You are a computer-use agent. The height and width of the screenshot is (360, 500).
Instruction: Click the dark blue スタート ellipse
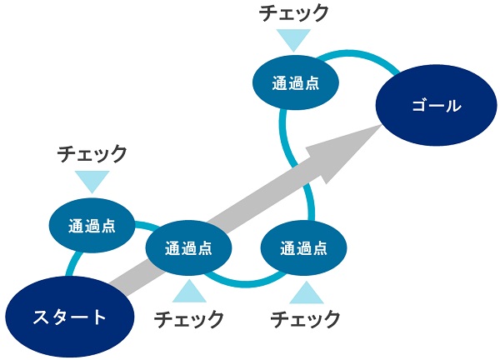[69, 317]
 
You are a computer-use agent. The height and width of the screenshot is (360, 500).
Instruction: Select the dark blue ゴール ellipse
[436, 105]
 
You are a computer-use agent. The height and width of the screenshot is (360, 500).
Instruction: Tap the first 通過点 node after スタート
[92, 226]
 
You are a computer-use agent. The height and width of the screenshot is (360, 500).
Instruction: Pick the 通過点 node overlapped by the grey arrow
[188, 247]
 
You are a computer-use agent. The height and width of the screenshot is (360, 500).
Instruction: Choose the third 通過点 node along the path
[303, 247]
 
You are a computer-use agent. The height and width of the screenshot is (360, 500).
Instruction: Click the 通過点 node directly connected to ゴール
[296, 82]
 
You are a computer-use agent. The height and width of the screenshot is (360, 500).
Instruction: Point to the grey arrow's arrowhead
[344, 150]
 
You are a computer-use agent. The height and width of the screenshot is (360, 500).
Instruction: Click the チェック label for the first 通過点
[92, 153]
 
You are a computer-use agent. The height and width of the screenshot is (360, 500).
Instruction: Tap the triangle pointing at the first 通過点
[92, 182]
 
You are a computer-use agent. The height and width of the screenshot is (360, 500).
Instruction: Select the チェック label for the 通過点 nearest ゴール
[293, 12]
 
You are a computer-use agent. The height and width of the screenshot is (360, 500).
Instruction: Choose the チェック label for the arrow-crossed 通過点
[189, 319]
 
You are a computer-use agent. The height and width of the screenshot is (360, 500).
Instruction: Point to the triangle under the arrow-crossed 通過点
[189, 291]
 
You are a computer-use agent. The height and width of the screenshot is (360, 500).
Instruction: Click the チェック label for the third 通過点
[305, 319]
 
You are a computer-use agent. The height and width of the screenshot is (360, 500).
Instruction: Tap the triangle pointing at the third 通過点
[307, 292]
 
